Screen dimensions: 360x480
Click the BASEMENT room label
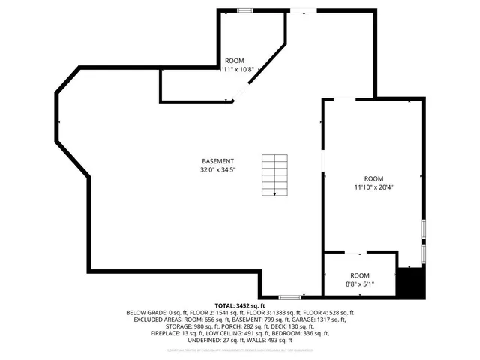point(217,161)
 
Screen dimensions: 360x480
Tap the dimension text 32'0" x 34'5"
point(217,169)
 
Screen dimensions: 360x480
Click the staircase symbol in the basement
point(274,175)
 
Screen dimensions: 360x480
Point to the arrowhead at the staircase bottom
point(274,194)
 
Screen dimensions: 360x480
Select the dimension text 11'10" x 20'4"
point(373,187)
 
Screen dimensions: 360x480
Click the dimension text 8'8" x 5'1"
point(359,283)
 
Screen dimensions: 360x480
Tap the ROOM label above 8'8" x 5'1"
point(359,275)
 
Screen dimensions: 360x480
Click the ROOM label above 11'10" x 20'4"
point(373,178)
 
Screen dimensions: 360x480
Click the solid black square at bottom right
point(411,283)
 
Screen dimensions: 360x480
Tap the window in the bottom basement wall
point(290,297)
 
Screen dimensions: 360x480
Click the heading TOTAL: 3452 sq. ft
point(240,305)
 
